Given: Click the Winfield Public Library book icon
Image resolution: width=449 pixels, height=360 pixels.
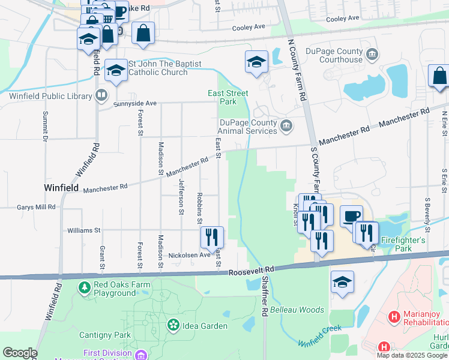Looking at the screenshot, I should (101, 95).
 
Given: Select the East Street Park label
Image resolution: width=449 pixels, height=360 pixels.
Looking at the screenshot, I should (228, 97).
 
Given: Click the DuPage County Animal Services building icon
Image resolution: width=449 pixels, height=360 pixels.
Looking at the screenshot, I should (286, 125).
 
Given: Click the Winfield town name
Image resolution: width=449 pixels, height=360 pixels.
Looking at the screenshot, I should (61, 188).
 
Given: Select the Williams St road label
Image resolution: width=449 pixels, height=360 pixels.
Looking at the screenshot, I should (83, 230).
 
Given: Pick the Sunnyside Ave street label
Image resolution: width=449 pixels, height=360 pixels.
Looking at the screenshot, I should (136, 103).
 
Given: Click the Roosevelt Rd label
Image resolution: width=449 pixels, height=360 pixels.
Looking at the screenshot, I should (251, 272).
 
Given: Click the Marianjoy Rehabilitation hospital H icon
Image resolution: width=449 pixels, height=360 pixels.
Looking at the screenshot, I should (394, 316).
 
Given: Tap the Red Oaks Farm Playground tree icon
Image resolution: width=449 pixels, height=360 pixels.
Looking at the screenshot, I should (83, 289).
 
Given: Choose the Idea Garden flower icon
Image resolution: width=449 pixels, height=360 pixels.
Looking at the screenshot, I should (173, 326).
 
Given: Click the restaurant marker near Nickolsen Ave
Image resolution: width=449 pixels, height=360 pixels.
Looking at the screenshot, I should (211, 237).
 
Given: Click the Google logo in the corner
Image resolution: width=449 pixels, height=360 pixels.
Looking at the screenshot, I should (20, 353).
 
